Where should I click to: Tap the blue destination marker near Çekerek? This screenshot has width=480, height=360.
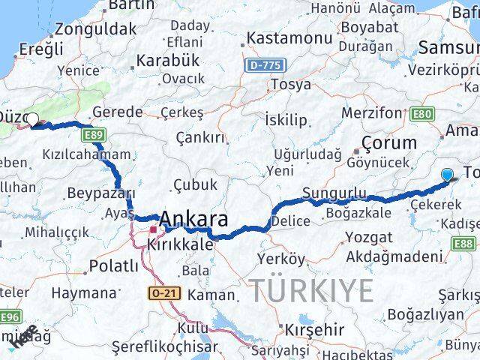(x=448, y=175)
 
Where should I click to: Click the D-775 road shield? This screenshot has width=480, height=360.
(x=265, y=66)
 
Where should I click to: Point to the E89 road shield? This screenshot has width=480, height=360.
(x=94, y=135)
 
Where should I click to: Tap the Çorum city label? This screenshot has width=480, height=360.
(x=388, y=142)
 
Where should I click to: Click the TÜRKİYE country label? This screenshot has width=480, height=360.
(x=311, y=289)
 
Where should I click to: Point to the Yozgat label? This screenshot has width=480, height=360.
(x=368, y=238)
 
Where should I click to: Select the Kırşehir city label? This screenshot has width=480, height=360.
(x=314, y=329)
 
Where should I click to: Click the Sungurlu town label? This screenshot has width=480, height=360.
(x=334, y=193)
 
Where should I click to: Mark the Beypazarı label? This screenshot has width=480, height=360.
(x=100, y=193)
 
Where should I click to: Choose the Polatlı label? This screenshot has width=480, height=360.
(x=114, y=265)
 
